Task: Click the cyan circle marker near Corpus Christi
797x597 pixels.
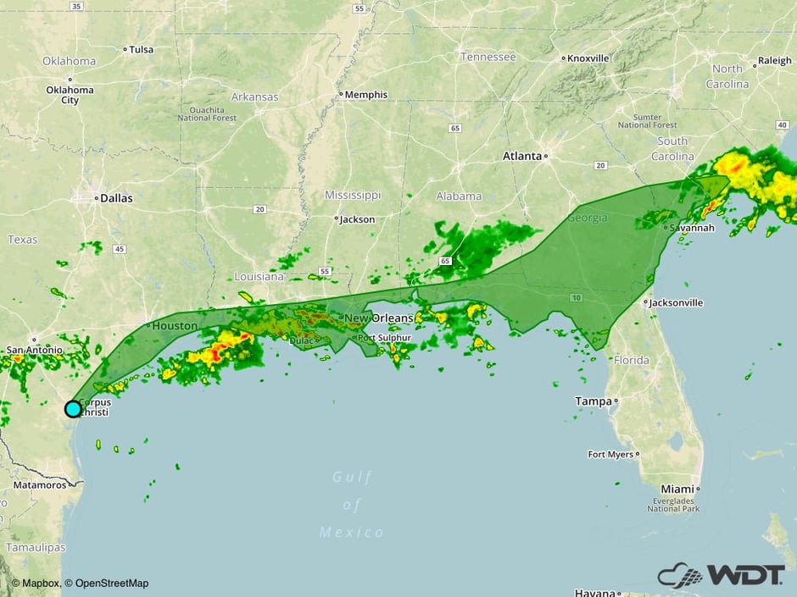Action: [x=73, y=409]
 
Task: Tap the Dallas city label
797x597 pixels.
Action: [x=116, y=198]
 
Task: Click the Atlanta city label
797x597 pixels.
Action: [x=521, y=156]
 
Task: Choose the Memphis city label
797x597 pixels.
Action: [x=366, y=95]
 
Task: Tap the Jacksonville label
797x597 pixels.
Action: [x=677, y=302]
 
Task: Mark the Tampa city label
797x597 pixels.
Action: [x=594, y=401]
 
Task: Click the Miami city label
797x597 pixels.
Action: [x=677, y=489]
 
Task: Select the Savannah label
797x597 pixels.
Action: [x=691, y=229]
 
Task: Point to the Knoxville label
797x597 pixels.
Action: [x=588, y=58]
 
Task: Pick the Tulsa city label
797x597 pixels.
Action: [x=141, y=49]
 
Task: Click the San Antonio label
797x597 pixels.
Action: [x=34, y=350]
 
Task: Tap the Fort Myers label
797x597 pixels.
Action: [x=610, y=455]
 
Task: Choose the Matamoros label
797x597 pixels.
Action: [x=39, y=485]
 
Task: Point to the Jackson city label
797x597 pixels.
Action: [x=357, y=219]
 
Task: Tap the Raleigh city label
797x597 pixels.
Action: [x=774, y=60]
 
